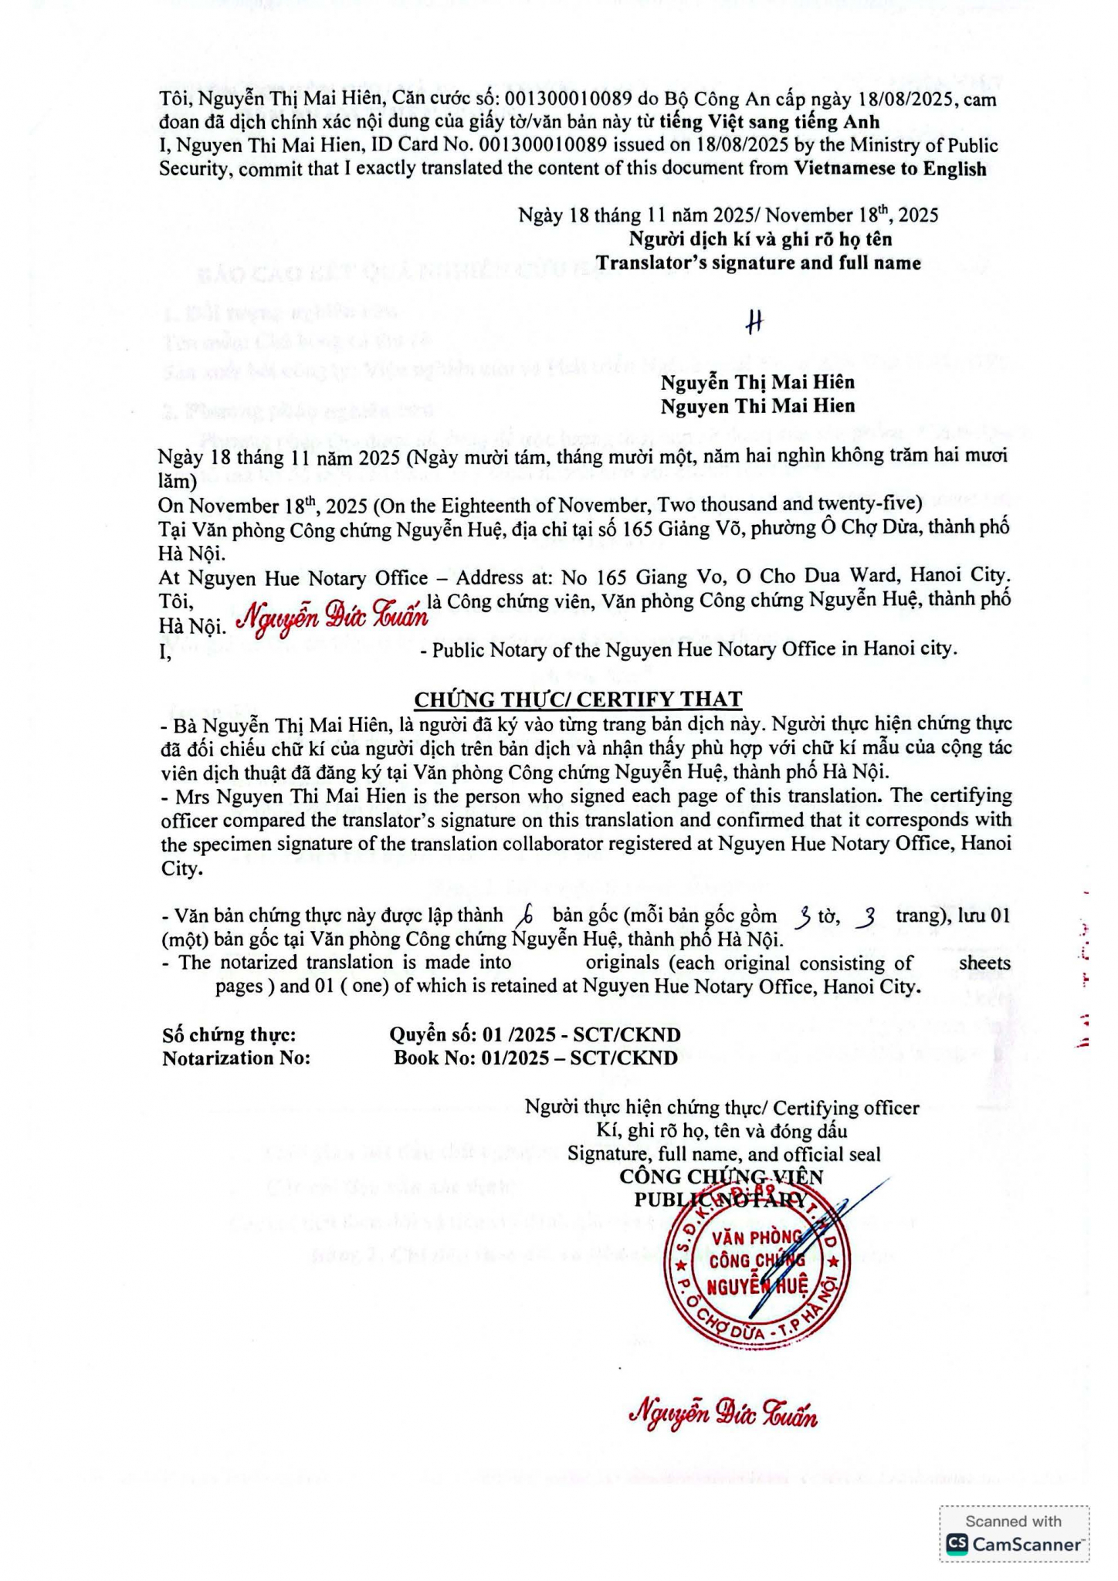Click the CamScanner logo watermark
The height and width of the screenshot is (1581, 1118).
tap(1015, 1543)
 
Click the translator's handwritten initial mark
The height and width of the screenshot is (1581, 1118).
tap(754, 323)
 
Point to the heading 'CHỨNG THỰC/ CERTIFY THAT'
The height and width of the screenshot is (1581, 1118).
tap(578, 699)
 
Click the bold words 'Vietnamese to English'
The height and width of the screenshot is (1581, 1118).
tap(890, 169)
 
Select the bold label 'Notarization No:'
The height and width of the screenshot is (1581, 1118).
tap(236, 1058)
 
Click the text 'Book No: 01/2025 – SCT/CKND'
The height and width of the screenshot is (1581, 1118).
tap(536, 1058)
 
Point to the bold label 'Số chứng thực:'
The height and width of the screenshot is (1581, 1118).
tap(229, 1034)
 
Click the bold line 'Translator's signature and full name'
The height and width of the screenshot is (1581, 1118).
tap(758, 263)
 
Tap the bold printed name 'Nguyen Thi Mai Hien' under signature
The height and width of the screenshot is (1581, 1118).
tap(757, 406)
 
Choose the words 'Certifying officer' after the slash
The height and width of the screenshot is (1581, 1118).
tap(846, 1108)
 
